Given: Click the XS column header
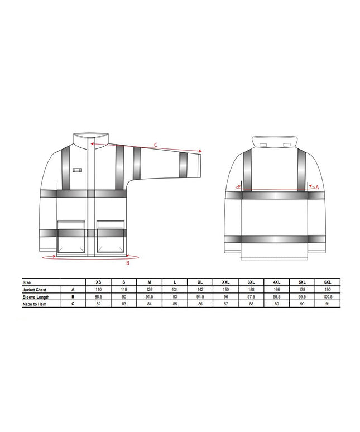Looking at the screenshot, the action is pyautogui.click(x=98, y=282).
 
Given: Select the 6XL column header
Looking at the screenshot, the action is pyautogui.click(x=328, y=282).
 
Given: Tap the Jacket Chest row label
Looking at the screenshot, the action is pyautogui.click(x=35, y=290).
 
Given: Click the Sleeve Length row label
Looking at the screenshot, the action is pyautogui.click(x=36, y=297).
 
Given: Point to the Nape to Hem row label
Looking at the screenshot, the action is pyautogui.click(x=35, y=304).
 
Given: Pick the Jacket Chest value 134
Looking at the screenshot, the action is pyautogui.click(x=175, y=290).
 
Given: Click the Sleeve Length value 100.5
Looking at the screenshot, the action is pyautogui.click(x=328, y=297).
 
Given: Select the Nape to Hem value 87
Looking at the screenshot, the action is pyautogui.click(x=225, y=304).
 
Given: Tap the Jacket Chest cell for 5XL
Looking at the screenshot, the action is pyautogui.click(x=302, y=290).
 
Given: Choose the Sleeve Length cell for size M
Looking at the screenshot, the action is pyautogui.click(x=149, y=297).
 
